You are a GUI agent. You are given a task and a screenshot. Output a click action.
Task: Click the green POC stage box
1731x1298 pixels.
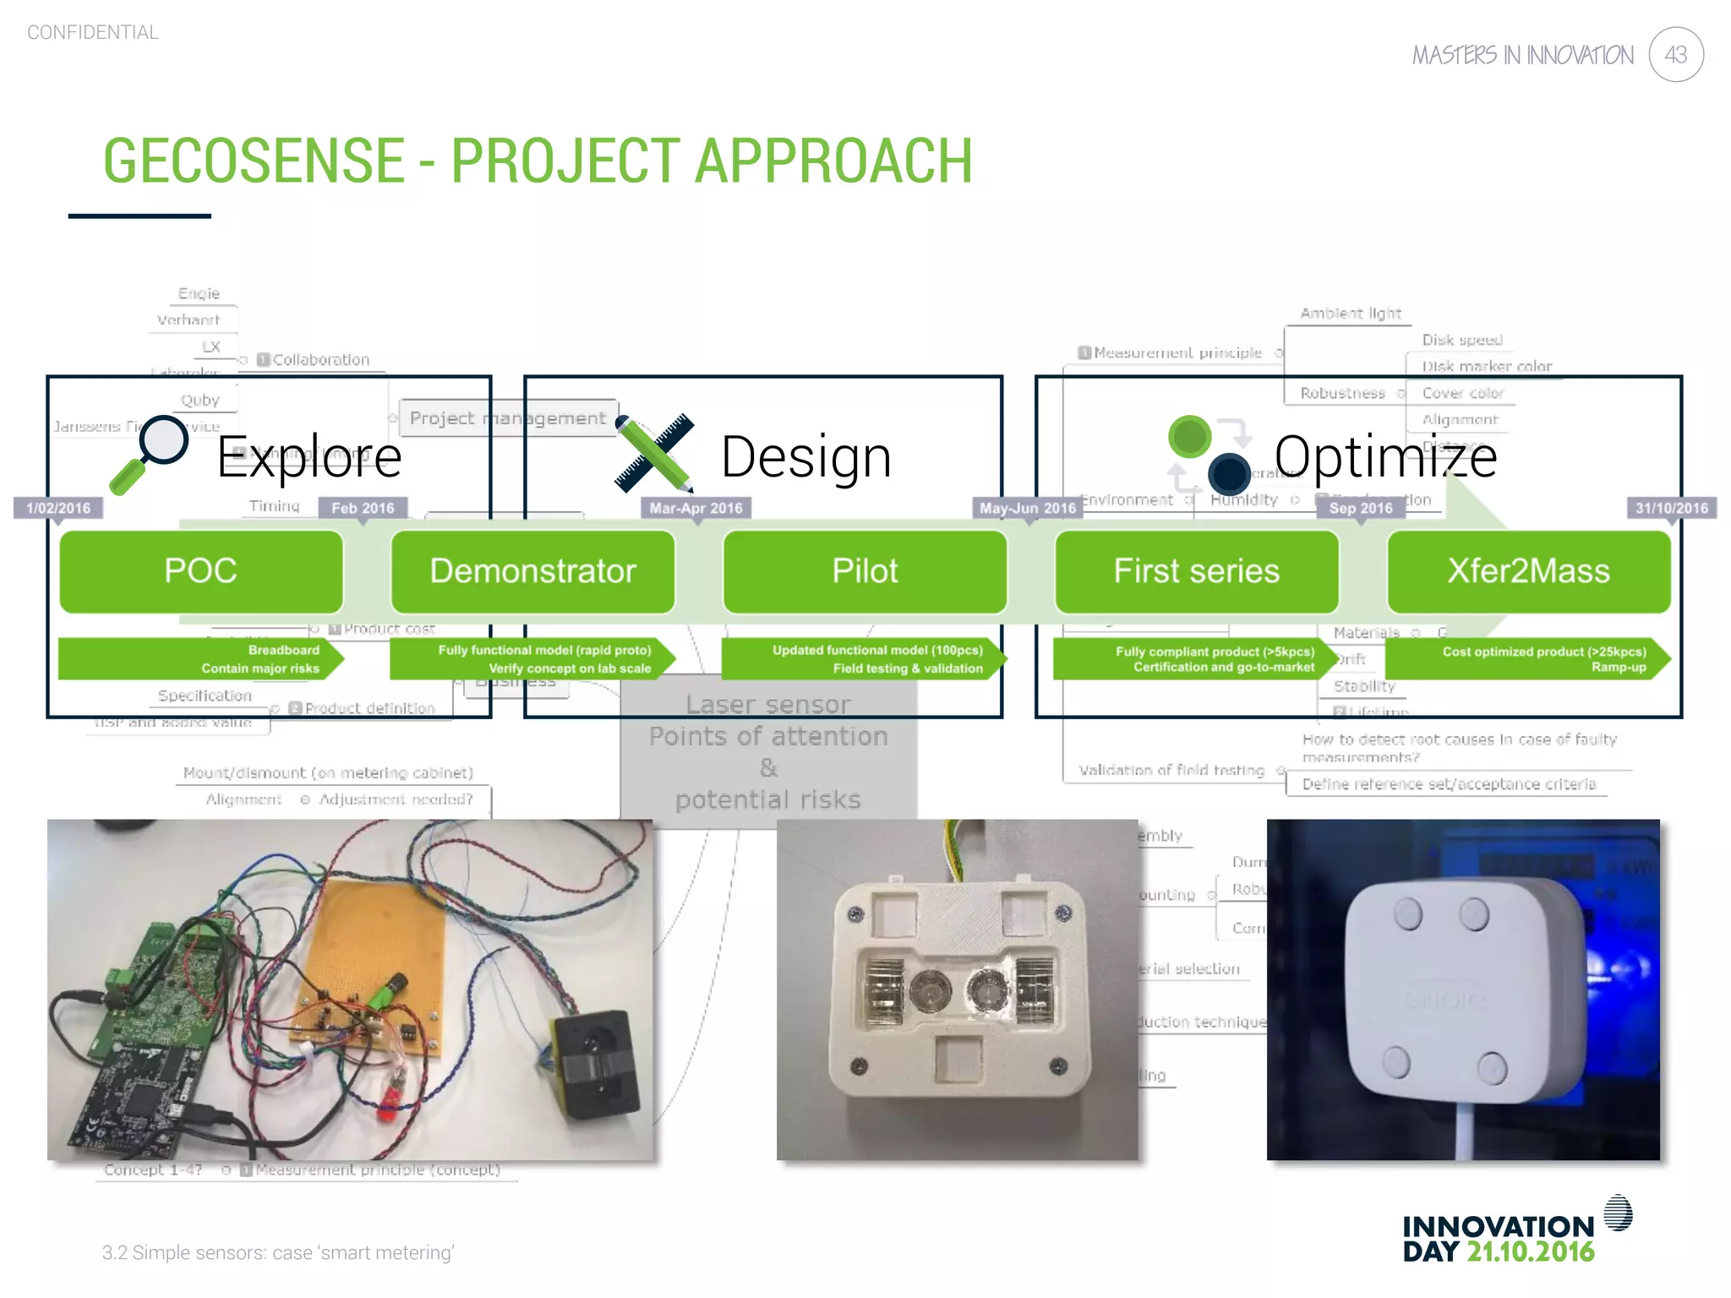tap(201, 571)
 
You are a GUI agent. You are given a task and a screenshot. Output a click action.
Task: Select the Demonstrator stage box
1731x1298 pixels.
tap(532, 571)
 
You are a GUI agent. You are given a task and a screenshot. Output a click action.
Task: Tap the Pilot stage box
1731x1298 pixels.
tap(865, 571)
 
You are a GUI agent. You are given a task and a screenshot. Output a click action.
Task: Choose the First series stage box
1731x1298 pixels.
tap(1196, 571)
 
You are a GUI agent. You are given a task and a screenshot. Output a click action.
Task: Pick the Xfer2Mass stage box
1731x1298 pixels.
tap(1528, 571)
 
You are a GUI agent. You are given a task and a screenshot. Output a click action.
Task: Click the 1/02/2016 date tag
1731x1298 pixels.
tap(58, 508)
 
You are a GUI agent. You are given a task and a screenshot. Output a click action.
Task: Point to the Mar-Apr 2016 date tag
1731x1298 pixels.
tap(696, 508)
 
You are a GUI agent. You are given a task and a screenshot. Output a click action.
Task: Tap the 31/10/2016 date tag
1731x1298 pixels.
tap(1671, 508)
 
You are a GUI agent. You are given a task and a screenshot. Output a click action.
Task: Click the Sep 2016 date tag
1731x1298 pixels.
tap(1360, 508)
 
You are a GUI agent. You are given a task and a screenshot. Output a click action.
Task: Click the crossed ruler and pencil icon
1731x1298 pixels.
tap(654, 453)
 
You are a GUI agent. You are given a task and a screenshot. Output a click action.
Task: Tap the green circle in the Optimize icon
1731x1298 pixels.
tap(1189, 437)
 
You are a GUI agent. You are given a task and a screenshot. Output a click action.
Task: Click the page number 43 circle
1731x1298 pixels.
tap(1675, 55)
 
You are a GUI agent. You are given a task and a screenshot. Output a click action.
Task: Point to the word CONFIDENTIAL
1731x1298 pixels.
tap(93, 33)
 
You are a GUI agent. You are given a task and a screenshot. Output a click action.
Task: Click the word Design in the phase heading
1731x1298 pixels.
tap(805, 457)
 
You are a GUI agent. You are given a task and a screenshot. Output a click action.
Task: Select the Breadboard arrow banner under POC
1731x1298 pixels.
tap(199, 659)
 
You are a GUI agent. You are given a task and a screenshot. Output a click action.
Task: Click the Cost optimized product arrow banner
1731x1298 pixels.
tap(1528, 659)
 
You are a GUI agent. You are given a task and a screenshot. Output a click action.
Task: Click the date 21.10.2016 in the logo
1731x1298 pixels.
tap(1530, 1252)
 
